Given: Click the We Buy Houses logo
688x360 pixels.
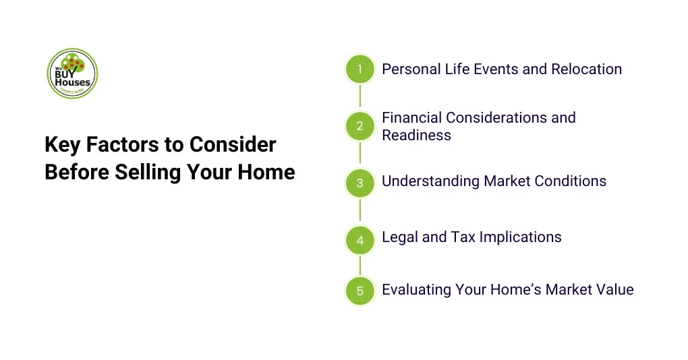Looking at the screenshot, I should [x=72, y=73].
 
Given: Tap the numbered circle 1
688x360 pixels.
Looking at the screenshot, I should [x=360, y=69].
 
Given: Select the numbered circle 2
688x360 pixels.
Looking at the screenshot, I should [x=360, y=126].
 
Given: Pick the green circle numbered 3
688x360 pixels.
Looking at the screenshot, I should [x=360, y=183].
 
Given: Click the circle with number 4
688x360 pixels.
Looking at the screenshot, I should [x=360, y=239].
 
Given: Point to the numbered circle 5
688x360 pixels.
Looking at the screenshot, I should [x=360, y=291].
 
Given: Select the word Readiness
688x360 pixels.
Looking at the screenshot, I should [x=416, y=135].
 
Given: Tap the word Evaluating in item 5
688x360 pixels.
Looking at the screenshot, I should [x=416, y=290].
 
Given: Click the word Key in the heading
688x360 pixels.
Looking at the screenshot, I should [x=61, y=145].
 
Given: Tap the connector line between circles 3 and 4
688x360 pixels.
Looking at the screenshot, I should [x=360, y=211].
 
